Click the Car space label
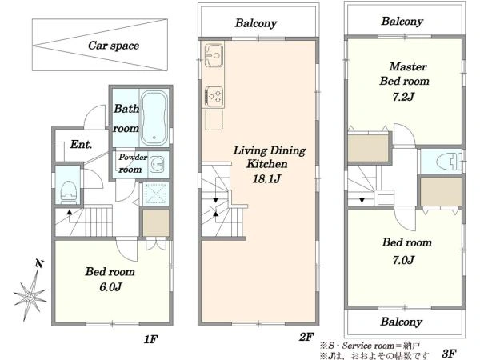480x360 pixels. click(x=114, y=46)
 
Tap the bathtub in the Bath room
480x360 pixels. click(x=154, y=118)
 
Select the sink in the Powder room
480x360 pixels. click(x=157, y=164)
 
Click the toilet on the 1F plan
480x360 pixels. click(x=68, y=192)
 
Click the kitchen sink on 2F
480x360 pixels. click(x=214, y=55)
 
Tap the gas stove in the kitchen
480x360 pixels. click(x=214, y=97)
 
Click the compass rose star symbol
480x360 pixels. click(x=30, y=296)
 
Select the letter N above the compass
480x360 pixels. click(x=39, y=263)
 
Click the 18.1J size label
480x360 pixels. click(x=266, y=178)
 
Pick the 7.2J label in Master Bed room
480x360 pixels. click(x=403, y=97)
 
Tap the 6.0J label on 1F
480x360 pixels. click(x=110, y=287)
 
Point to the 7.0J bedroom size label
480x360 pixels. click(x=403, y=260)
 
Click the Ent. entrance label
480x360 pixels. click(x=81, y=144)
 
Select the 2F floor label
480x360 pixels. click(x=306, y=337)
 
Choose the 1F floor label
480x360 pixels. click(x=150, y=339)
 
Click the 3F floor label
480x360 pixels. click(x=450, y=354)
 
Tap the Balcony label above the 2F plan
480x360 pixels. click(x=256, y=23)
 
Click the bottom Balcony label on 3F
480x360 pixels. click(x=402, y=322)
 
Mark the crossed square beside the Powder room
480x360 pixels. click(x=157, y=194)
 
